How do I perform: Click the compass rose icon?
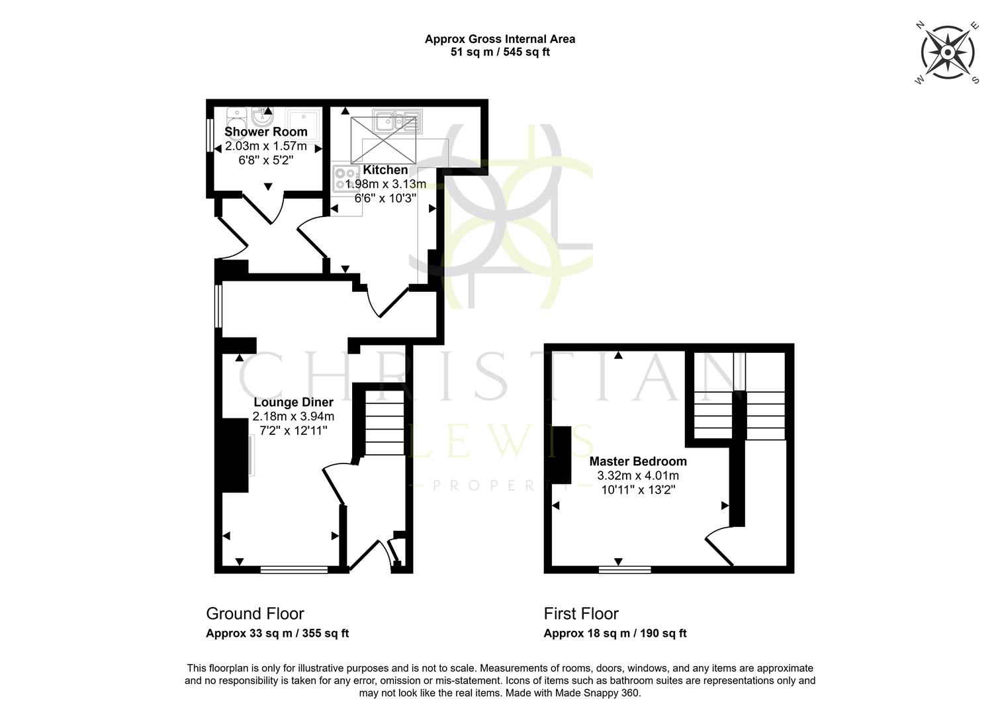947,53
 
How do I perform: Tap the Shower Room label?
266,132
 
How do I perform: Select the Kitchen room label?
385,170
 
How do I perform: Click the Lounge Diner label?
293,402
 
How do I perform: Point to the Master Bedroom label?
638,461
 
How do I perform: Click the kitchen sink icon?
396,122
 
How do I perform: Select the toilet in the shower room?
236,119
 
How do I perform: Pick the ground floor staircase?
385,424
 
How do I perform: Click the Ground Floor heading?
255,614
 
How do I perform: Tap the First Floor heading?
581,614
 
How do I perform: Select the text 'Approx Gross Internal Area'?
500,39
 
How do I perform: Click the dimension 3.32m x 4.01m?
638,476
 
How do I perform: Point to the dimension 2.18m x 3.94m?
293,416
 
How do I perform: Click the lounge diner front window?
294,569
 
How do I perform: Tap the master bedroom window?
625,569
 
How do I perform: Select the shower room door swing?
265,209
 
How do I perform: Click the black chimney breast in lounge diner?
235,455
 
